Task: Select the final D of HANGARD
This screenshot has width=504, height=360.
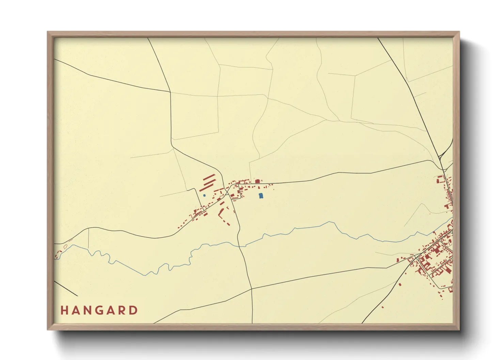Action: click(x=134, y=310)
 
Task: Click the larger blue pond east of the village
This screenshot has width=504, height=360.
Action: click(x=261, y=196)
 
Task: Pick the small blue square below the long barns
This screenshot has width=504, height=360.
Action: click(x=204, y=196)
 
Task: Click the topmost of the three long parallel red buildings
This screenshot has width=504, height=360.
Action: click(x=209, y=177)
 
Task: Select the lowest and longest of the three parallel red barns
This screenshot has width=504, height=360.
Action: click(x=206, y=187)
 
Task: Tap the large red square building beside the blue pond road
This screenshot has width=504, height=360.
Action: click(x=257, y=181)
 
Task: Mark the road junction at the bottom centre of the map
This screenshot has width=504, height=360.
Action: click(x=251, y=289)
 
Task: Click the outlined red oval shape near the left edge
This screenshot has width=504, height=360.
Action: click(x=65, y=246)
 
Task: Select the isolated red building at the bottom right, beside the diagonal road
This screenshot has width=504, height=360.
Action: click(x=383, y=307)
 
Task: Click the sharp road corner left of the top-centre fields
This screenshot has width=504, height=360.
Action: click(x=170, y=92)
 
